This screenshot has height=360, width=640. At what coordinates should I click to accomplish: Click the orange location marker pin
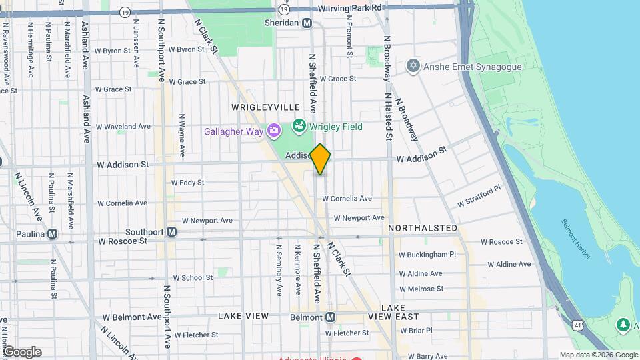321,159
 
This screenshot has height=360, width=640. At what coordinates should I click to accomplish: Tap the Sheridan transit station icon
307,23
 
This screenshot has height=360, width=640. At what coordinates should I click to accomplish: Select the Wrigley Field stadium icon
299,126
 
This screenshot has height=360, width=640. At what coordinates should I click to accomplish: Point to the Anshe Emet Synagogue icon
413,66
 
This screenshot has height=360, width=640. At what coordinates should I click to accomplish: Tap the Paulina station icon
52,234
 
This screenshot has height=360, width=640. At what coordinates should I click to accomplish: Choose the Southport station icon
172,232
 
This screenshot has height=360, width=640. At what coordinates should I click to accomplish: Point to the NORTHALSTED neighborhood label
423,228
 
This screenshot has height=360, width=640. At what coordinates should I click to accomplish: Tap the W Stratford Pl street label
479,197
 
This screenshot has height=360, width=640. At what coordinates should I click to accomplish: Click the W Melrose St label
421,289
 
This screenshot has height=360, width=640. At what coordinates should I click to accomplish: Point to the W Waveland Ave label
123,126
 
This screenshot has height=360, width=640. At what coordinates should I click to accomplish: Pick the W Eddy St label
187,182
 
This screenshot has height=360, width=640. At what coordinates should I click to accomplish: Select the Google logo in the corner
22,351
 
